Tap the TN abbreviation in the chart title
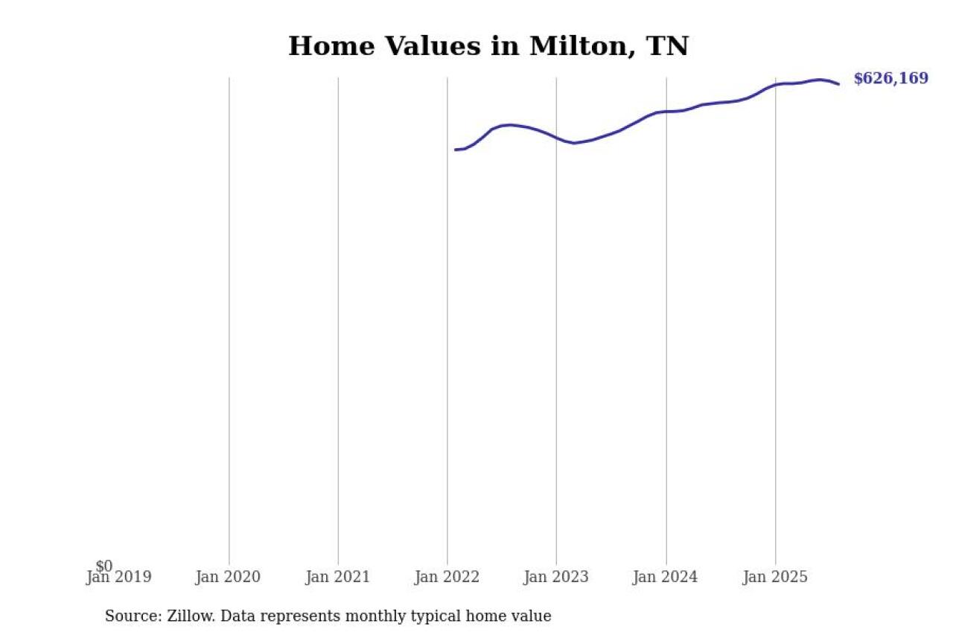(x=667, y=47)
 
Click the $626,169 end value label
(x=890, y=79)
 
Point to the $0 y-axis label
(x=104, y=567)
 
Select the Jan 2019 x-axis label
(x=119, y=578)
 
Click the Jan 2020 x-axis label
(x=228, y=578)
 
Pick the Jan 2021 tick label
(x=337, y=578)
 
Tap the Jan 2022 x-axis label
(x=447, y=578)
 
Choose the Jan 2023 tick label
(x=555, y=578)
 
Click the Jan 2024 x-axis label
(x=666, y=578)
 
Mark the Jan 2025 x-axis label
(x=775, y=578)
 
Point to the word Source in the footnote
(x=129, y=616)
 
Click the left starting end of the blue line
(x=456, y=150)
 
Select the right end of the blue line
(x=839, y=84)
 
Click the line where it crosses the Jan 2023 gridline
(x=556, y=138)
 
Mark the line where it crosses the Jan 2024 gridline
(x=666, y=112)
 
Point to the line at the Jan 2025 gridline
(x=775, y=85)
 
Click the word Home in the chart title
(x=324, y=47)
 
